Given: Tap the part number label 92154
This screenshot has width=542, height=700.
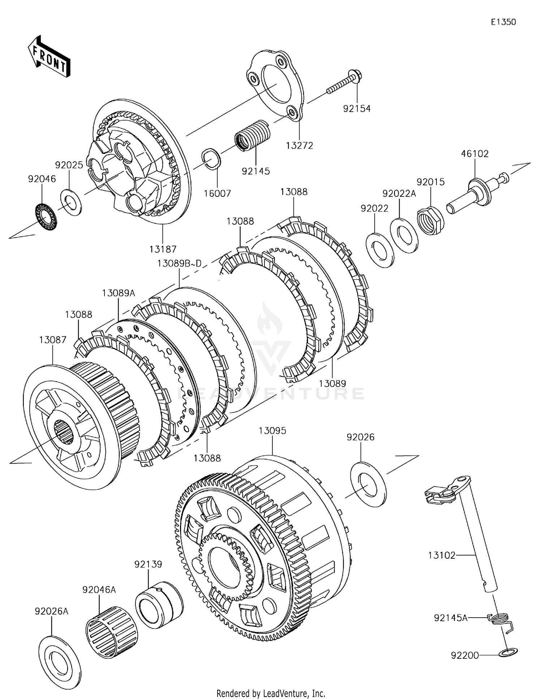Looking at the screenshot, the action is [357, 108].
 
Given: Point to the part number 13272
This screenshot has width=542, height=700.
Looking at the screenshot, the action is [300, 145].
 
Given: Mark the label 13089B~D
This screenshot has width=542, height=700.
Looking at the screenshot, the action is [179, 263].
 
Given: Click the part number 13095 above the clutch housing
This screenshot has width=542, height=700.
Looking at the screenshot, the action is [272, 431].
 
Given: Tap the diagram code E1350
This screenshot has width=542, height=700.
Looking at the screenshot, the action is [503, 22].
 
